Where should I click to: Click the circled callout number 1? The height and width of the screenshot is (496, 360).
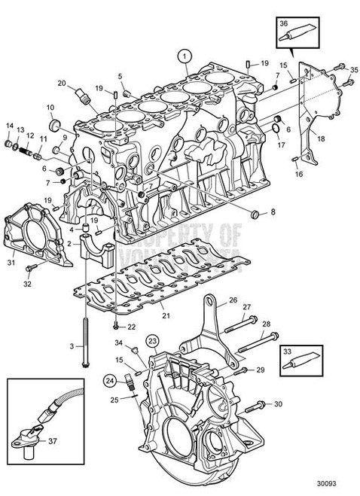coord(183,55)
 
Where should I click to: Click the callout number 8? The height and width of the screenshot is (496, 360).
coord(273,213)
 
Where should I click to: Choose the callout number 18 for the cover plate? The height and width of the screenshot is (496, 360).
coord(320,138)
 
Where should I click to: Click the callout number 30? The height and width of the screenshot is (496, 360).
coord(279,404)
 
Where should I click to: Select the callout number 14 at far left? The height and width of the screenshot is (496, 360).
coord(10,125)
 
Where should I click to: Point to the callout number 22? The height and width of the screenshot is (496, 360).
coord(131,327)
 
